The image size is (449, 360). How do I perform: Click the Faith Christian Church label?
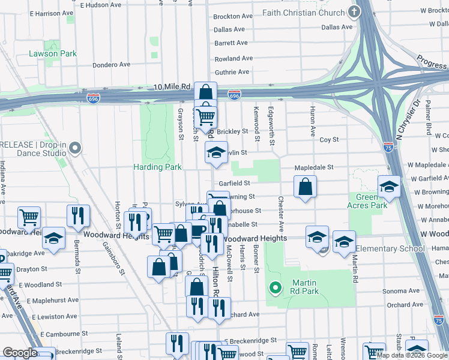(306, 13)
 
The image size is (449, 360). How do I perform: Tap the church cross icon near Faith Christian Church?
(354, 12)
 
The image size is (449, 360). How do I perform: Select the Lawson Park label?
(53, 53)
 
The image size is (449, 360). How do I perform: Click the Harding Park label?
(158, 167)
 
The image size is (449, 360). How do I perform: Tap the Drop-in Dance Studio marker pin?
(74, 148)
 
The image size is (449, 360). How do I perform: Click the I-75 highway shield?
(389, 146)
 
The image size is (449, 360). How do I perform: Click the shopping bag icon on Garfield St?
(306, 187)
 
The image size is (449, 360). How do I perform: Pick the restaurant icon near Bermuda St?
(78, 216)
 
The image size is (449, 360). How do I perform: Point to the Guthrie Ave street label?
(232, 72)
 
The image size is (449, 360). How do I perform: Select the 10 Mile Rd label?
(172, 87)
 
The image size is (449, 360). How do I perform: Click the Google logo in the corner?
(20, 353)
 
